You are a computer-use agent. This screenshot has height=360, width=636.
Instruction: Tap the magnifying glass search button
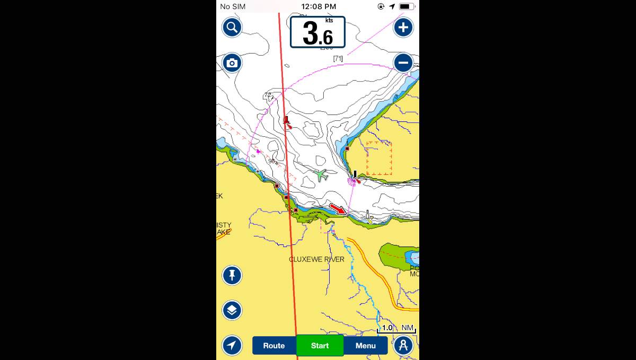[232, 27]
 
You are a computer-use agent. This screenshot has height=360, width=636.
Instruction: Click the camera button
[232, 63]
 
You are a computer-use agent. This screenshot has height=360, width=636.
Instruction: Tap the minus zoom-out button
[403, 63]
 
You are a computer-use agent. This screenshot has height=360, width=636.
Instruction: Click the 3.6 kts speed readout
[317, 32]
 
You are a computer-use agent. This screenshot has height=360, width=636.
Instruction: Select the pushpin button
[232, 275]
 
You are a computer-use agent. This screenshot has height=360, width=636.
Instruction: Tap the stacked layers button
[232, 310]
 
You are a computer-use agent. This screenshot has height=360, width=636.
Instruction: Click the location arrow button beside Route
[232, 346]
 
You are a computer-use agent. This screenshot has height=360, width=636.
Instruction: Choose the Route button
[274, 346]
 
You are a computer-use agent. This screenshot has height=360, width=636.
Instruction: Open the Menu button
[366, 346]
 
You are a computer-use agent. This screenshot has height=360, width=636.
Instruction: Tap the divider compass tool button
[403, 346]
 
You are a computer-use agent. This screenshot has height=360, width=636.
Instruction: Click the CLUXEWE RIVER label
[316, 259]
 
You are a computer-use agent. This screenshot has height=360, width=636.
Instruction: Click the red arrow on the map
[338, 209]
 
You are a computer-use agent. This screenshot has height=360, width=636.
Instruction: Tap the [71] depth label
[338, 58]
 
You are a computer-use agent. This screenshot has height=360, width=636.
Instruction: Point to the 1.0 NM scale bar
[396, 329]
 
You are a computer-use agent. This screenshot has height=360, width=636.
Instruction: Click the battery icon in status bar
[406, 6]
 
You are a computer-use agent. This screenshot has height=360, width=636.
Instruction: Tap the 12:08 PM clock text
[319, 6]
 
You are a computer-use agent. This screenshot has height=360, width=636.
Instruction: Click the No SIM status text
[233, 6]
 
